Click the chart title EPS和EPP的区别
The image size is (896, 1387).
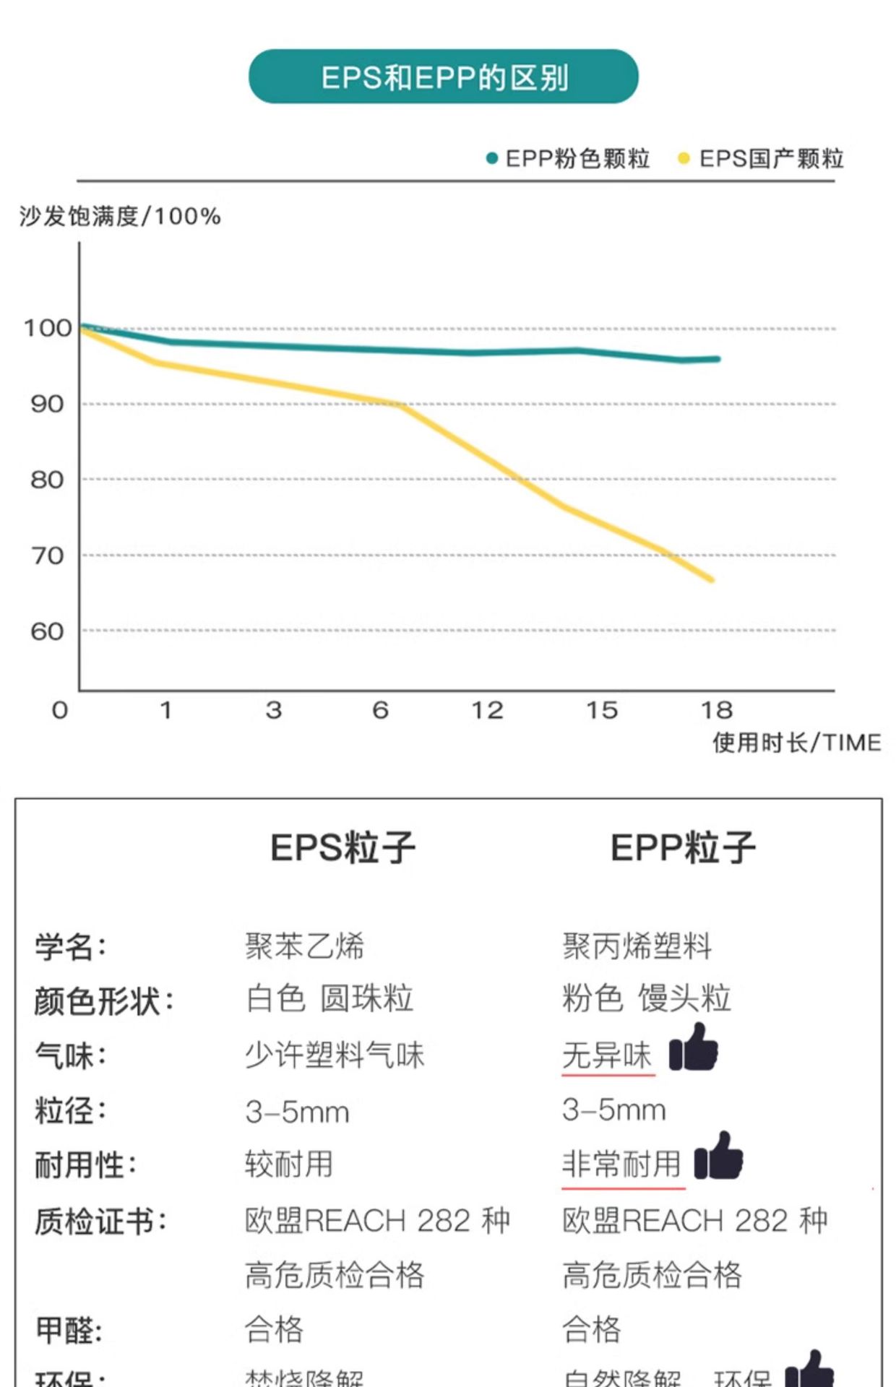tap(444, 77)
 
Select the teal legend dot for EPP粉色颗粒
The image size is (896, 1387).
tap(492, 158)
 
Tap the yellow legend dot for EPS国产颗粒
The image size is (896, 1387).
tap(684, 158)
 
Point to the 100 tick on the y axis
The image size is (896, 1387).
tap(48, 329)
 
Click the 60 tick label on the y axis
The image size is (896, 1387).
tap(47, 632)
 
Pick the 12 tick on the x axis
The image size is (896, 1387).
tap(487, 710)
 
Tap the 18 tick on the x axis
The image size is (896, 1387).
tap(717, 710)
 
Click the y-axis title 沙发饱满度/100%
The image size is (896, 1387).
tap(120, 216)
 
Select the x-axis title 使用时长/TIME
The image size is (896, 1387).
tap(796, 743)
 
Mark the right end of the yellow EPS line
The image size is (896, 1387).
tap(712, 579)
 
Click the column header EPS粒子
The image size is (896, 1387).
tap(343, 847)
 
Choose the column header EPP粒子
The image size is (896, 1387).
tap(683, 847)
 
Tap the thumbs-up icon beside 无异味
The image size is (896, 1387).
tap(694, 1048)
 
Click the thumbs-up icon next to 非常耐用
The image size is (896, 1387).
tap(718, 1157)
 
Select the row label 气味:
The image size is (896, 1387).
tap(71, 1055)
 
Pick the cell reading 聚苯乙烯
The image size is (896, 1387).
tap(305, 946)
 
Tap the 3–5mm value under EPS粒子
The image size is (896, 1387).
tap(297, 1112)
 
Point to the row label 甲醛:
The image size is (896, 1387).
tap(69, 1328)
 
